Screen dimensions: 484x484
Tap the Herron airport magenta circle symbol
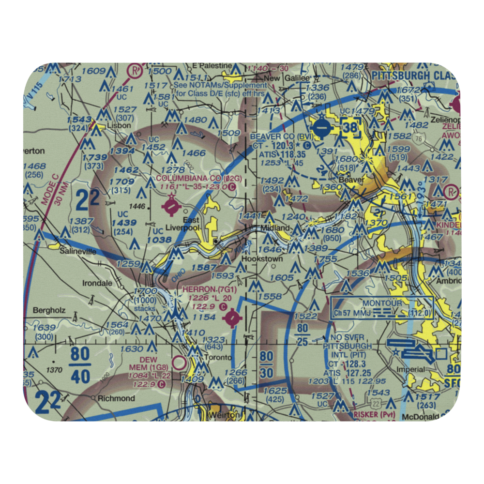click(233, 318)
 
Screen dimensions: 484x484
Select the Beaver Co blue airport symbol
click(321, 129)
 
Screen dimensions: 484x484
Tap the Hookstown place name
click(262, 259)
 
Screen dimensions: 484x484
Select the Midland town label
click(276, 227)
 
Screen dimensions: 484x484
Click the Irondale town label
click(97, 283)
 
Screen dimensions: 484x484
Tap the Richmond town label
click(116, 398)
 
